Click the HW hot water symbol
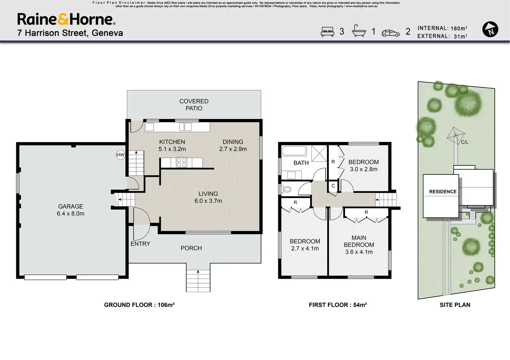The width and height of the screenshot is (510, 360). tap(121, 155)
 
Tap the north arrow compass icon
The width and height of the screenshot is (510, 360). tap(490, 29)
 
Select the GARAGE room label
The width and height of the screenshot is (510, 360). tap(71, 207)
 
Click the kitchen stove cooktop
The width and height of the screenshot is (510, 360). tap(182, 162)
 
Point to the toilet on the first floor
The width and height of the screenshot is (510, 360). tap(287, 189)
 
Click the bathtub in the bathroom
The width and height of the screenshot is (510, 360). tap(294, 151)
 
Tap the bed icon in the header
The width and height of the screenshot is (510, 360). tap(327, 31)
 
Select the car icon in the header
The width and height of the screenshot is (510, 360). tap(390, 33)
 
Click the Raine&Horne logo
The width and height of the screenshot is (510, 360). tap(66, 19)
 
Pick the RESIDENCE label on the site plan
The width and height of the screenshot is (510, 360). tap(443, 192)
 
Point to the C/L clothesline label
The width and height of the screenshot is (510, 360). tap(465, 142)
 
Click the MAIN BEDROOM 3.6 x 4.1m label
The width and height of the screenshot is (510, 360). tap(359, 245)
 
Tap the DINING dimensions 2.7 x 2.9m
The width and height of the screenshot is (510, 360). tap(233, 149)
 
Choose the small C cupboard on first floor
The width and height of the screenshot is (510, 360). tap(333, 186)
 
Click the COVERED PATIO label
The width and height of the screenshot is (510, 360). tap(194, 105)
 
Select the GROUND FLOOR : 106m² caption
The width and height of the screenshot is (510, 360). tap(139, 305)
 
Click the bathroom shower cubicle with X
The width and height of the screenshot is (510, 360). tap(319, 153)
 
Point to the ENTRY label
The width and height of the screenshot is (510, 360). tap(140, 244)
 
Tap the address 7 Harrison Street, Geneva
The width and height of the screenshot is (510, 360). tap(70, 33)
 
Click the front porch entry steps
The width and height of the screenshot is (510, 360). tap(198, 281)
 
